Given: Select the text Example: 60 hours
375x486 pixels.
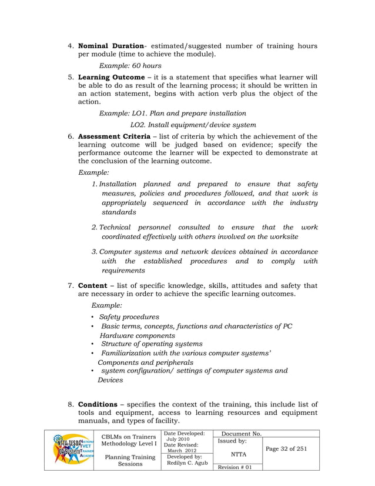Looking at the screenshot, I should pos(130,66).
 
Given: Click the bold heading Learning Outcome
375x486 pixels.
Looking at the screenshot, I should pos(111,77).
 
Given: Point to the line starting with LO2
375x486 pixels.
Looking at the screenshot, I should pos(193,124).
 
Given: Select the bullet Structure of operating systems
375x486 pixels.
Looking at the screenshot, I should pos(152,344).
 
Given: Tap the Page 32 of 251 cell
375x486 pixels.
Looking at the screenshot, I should pos(286,449).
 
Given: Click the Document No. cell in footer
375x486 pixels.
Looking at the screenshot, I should pos(240,434).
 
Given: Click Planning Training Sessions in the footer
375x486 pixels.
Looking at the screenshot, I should pos(130,460).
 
